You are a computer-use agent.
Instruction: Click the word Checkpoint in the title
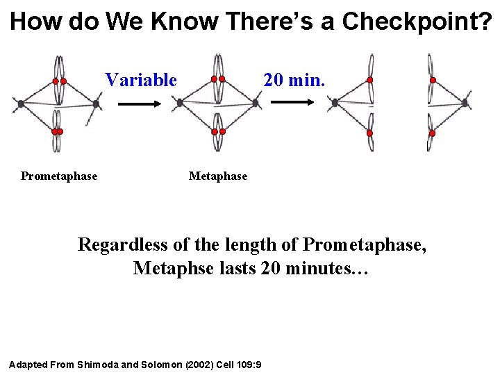click(x=416, y=22)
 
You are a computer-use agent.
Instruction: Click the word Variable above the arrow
click(x=141, y=80)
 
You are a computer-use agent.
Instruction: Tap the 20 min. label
click(x=294, y=80)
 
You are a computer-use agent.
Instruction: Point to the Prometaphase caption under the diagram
click(x=59, y=176)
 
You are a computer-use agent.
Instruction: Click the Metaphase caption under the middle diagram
click(x=217, y=176)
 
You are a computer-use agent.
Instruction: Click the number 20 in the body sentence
click(x=272, y=268)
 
